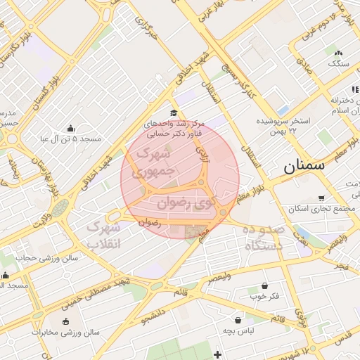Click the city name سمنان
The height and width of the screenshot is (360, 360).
click(x=304, y=167)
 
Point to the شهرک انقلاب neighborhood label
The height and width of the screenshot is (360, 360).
click(x=103, y=236)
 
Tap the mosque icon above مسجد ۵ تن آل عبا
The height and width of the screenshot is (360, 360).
click(x=70, y=128)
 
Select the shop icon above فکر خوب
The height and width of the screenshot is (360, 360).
click(x=264, y=285)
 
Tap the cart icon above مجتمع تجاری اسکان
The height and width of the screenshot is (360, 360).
click(x=321, y=198)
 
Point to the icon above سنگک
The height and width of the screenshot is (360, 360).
click(x=338, y=53)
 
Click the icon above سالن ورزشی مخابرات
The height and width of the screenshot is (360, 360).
click(x=67, y=321)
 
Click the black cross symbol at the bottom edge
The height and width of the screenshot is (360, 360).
click(x=218, y=354)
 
